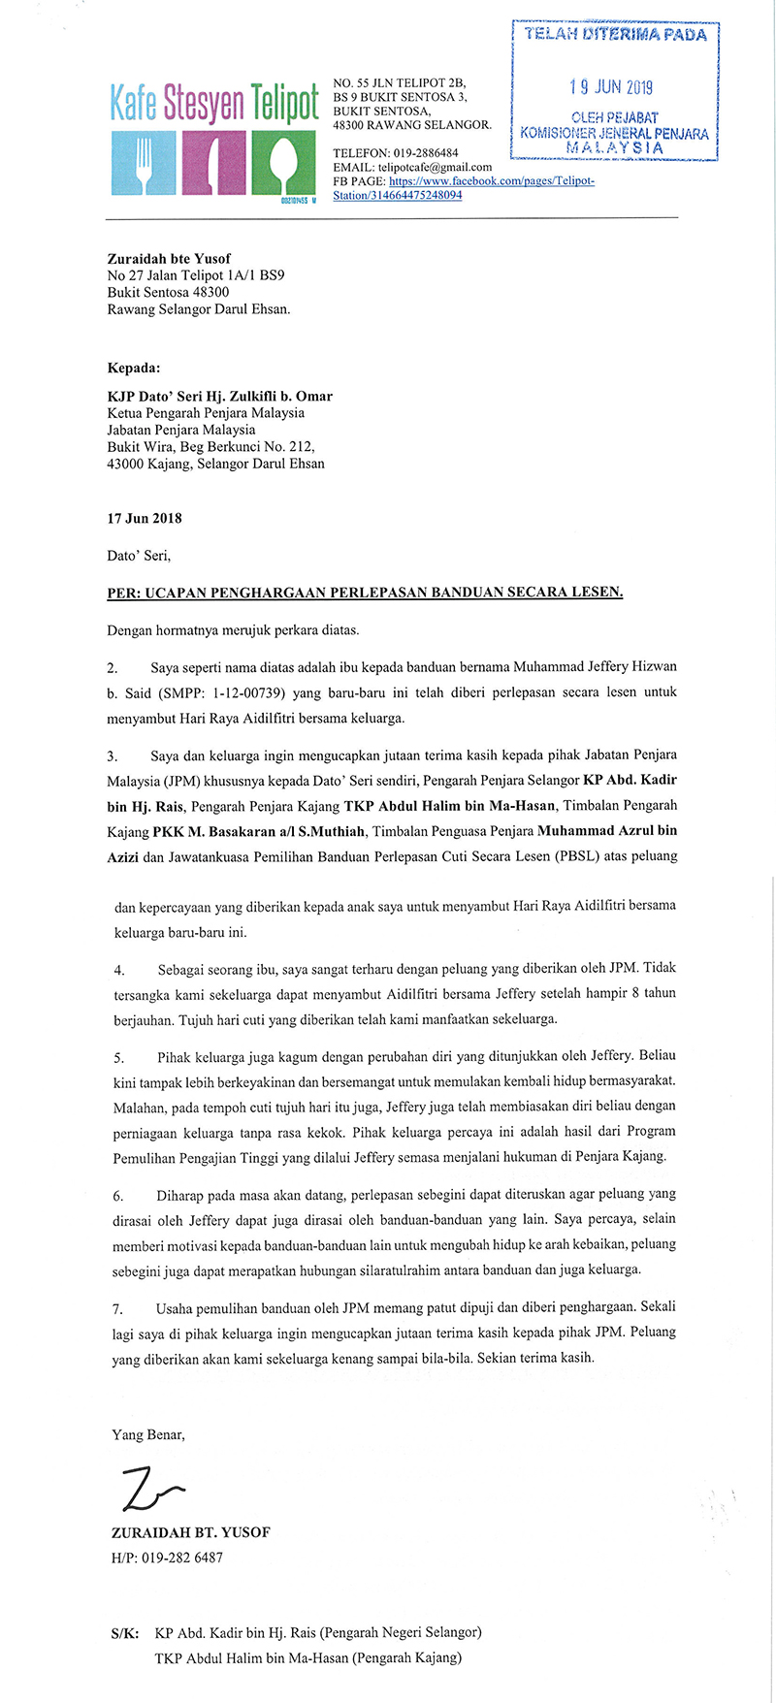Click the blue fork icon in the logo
(x=144, y=161)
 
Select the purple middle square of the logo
(x=213, y=161)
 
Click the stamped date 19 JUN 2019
(x=611, y=87)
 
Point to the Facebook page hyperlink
(x=463, y=188)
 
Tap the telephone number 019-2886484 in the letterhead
(x=425, y=153)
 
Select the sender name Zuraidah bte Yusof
(x=169, y=259)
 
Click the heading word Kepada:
(x=134, y=369)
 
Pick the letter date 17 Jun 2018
(x=145, y=518)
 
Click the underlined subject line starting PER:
(x=365, y=592)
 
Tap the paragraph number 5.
(x=118, y=1056)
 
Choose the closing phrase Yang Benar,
(x=148, y=1434)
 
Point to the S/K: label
(x=125, y=1633)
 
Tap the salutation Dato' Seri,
(x=139, y=556)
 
